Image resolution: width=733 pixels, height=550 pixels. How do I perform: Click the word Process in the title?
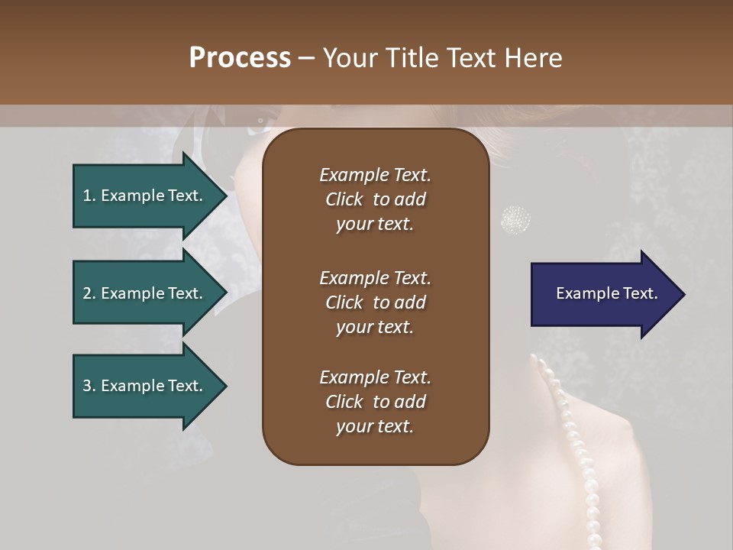tap(240, 57)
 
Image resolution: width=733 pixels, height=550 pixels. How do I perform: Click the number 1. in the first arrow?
tap(89, 196)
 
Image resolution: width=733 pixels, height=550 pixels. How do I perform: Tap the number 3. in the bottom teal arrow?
tap(89, 386)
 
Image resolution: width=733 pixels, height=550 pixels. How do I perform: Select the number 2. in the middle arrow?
tap(89, 293)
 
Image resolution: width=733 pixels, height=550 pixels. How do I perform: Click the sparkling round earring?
tap(515, 219)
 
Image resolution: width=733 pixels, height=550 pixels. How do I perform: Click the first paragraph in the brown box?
tap(375, 199)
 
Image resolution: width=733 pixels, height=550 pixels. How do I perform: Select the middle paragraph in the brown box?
tap(375, 302)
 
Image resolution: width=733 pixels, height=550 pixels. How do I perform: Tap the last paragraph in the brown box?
tap(375, 402)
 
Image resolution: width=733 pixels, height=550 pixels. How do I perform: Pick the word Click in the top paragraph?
tap(344, 199)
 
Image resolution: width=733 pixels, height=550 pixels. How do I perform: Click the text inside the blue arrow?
tap(607, 293)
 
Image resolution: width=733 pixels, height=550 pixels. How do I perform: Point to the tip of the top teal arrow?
tap(226, 196)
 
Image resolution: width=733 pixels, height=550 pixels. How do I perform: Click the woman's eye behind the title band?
tap(261, 120)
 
